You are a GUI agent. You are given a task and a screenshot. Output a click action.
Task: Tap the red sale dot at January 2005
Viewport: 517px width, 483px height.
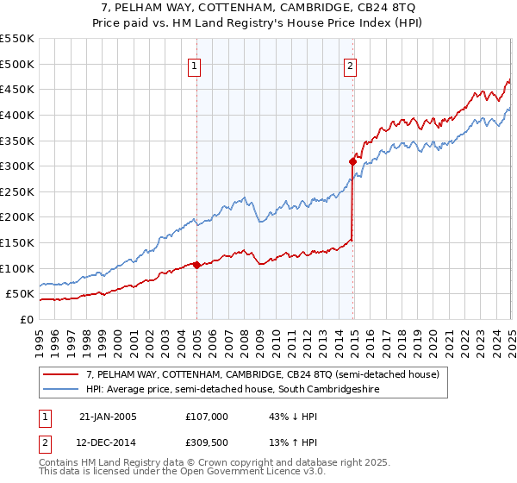coord(196,265)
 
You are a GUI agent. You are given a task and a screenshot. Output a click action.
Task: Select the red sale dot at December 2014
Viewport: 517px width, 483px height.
coord(352,160)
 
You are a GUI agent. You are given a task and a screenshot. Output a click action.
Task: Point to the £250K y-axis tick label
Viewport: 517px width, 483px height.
coord(17,191)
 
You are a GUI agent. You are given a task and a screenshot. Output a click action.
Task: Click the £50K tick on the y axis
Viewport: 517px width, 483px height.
coord(21,294)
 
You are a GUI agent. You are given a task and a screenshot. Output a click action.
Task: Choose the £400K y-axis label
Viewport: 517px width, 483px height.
coord(17,115)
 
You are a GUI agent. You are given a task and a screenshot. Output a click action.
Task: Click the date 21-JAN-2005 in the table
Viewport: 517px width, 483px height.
coord(108,416)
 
